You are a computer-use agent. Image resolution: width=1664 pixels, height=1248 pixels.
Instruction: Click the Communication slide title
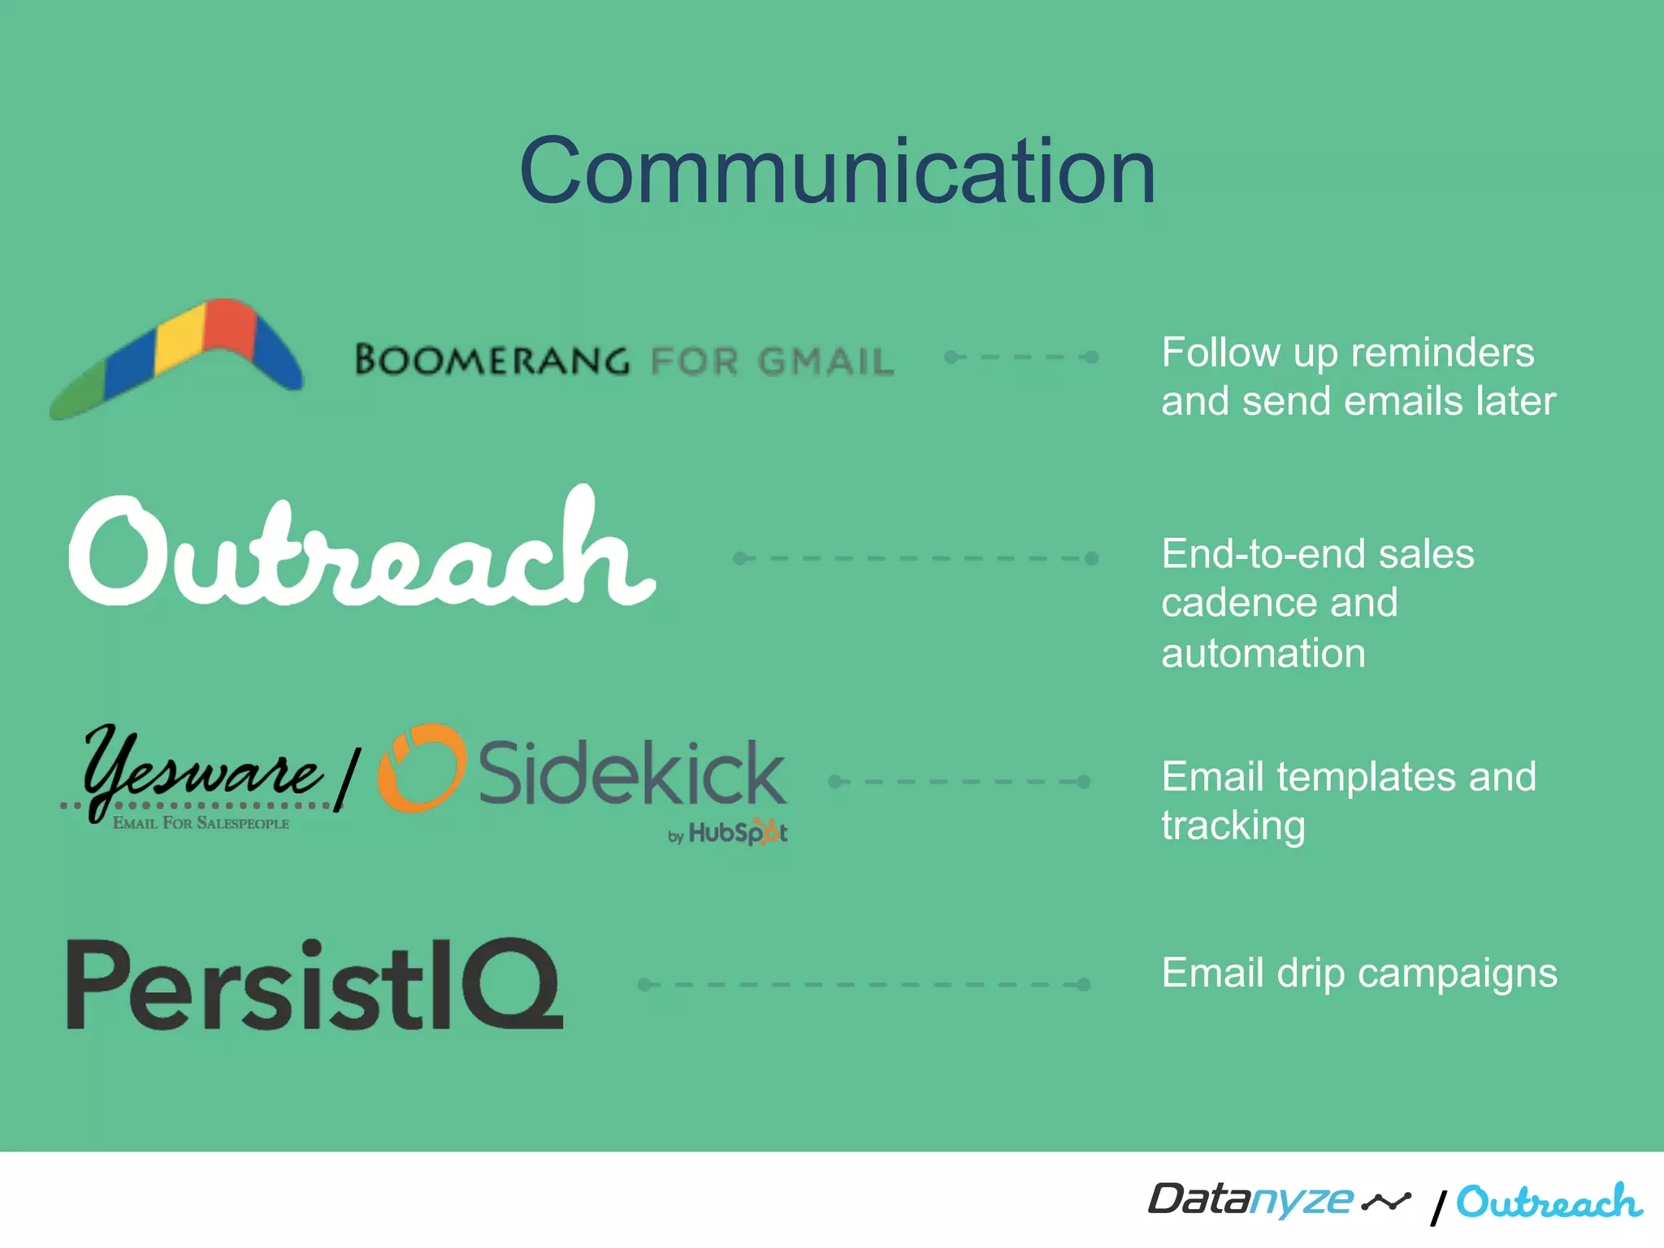(x=837, y=172)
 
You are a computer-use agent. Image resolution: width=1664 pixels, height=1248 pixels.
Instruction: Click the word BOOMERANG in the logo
(x=492, y=360)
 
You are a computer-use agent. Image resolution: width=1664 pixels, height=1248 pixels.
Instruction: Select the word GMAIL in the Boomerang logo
(x=825, y=362)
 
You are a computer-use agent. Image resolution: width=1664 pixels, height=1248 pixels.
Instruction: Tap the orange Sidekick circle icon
(x=422, y=769)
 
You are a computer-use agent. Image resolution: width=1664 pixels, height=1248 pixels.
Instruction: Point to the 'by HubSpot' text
(x=728, y=833)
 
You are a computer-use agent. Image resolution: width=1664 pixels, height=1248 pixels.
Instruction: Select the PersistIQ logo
(x=314, y=985)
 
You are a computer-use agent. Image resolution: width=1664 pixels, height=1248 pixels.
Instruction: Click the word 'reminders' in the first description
(x=1441, y=353)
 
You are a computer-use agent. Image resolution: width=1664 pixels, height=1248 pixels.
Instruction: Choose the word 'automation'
(x=1263, y=653)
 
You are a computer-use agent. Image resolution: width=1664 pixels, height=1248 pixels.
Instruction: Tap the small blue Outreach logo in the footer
(x=1549, y=1202)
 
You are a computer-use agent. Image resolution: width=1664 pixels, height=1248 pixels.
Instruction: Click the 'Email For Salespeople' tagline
(x=201, y=823)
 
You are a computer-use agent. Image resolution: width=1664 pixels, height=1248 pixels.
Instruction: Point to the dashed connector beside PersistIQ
(x=864, y=985)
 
